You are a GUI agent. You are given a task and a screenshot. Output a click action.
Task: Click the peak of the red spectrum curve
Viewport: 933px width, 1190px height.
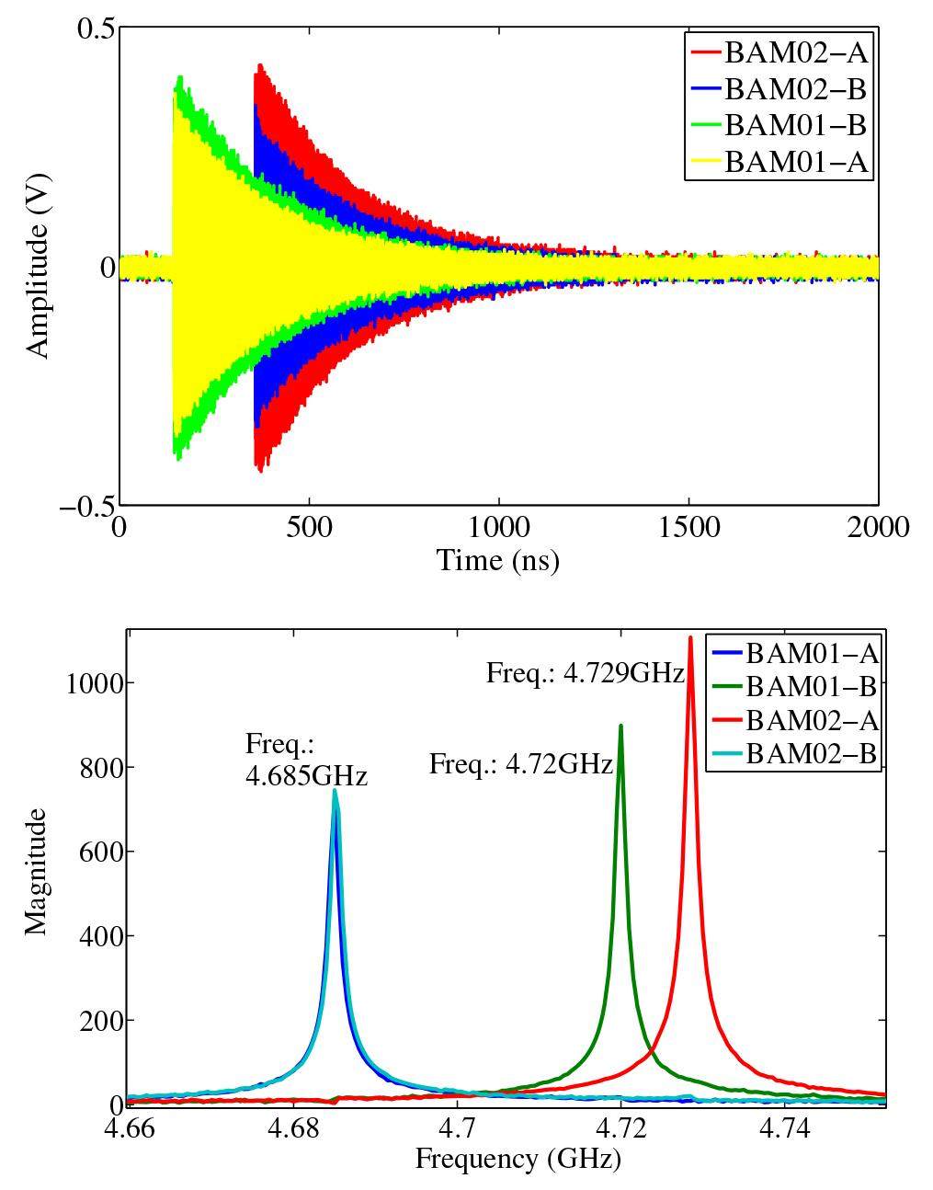click(690, 637)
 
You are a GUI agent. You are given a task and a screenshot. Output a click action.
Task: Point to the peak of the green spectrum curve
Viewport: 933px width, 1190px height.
click(621, 726)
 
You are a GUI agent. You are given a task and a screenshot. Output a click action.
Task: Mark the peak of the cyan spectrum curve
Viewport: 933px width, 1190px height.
click(335, 790)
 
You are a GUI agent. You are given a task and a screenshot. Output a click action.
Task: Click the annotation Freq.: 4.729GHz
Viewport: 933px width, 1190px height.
click(586, 673)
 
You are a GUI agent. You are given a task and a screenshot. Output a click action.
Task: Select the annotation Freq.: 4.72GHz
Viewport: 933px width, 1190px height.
click(520, 764)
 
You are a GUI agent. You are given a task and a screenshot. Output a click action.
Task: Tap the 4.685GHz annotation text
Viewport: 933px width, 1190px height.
click(306, 776)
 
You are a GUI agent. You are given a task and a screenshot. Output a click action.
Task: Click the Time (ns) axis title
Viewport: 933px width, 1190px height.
click(497, 560)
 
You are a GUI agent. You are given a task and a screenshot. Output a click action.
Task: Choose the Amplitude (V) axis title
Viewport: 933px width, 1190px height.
click(37, 267)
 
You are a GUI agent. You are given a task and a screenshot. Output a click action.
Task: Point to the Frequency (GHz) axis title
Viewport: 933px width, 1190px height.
click(518, 1159)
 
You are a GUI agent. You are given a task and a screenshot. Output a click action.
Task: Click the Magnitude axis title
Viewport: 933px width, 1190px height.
click(35, 871)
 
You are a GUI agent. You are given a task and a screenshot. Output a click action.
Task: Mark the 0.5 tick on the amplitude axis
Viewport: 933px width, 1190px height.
click(96, 29)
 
